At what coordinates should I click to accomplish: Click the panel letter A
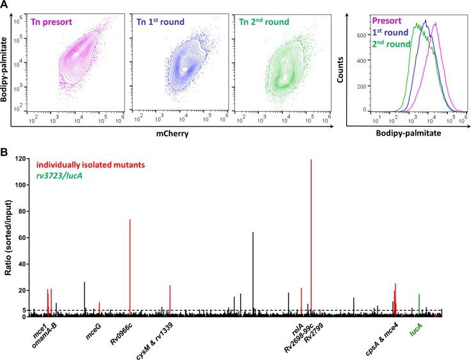coord(5,5)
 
